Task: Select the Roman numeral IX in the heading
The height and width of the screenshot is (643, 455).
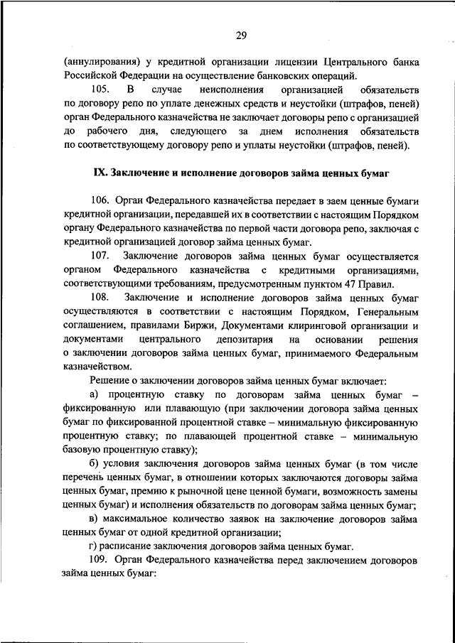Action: click(x=100, y=173)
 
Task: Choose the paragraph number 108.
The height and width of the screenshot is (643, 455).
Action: click(x=102, y=298)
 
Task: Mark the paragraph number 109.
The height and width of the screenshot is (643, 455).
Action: click(x=102, y=560)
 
